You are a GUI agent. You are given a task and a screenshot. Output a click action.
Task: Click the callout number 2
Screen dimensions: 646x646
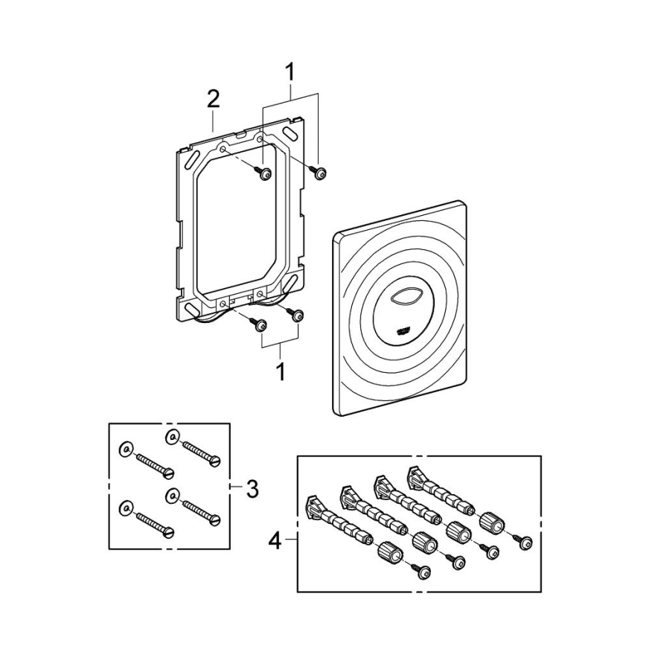click(213, 99)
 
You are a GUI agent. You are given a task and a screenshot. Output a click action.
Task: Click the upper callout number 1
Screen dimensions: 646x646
click(290, 72)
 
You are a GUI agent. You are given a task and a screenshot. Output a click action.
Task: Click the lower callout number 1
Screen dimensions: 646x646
click(281, 371)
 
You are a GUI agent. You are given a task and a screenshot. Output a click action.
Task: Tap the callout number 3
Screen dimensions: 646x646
click(252, 489)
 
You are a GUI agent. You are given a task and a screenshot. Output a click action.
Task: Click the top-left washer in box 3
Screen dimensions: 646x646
click(125, 448)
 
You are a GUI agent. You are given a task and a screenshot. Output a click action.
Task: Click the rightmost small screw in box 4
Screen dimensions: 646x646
click(526, 545)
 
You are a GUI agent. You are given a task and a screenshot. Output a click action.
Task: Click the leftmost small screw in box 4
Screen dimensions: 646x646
click(426, 570)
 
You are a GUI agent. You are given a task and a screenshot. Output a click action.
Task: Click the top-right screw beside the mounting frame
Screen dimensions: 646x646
click(319, 172)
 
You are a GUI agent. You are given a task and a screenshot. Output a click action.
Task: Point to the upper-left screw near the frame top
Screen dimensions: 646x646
click(264, 173)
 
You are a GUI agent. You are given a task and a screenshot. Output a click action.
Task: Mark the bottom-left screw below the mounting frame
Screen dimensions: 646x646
click(260, 324)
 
